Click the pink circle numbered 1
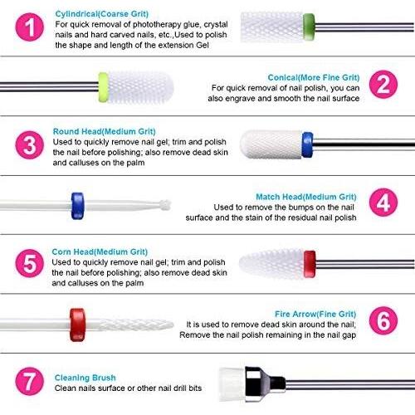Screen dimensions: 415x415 (29, 27)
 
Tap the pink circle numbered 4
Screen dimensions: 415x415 (383, 203)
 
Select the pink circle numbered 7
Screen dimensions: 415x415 (29, 381)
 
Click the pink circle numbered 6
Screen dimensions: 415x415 (383, 320)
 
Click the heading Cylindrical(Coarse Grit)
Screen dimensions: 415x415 (102, 14)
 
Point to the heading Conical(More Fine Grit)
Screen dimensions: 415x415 (314, 77)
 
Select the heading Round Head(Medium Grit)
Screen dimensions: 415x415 (104, 131)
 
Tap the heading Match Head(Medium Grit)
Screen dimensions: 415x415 (306, 197)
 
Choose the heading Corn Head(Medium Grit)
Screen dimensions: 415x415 (100, 251)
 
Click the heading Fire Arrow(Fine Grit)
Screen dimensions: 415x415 (315, 314)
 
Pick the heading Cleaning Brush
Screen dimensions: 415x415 (85, 378)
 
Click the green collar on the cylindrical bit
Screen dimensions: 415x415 (309, 27)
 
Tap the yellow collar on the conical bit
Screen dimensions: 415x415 (103, 87)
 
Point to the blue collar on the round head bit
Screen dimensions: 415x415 (307, 144)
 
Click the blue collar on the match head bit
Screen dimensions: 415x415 (77, 206)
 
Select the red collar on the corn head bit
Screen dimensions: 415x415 (310, 264)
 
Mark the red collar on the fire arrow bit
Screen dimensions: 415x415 (77, 325)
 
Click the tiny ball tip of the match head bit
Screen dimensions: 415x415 (165, 205)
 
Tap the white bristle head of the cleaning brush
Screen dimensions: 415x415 (232, 384)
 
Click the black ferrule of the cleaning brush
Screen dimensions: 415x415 (264, 384)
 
